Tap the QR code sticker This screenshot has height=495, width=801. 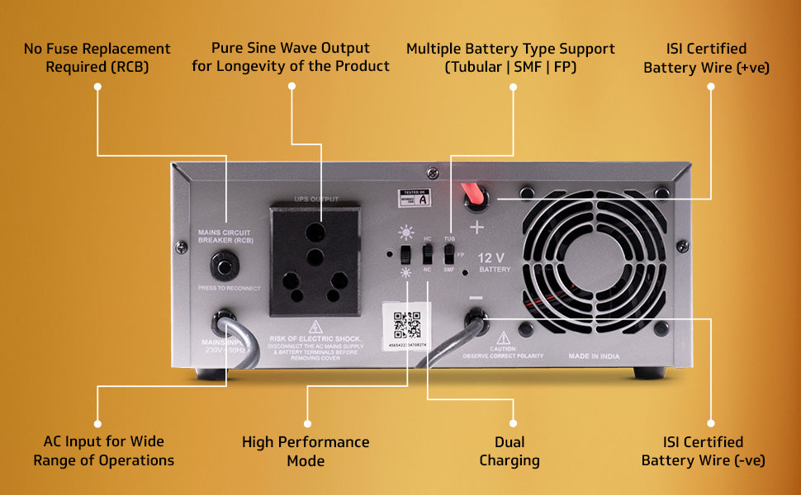[406, 324]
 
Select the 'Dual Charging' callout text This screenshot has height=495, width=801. [510, 451]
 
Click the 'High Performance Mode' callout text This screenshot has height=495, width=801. [306, 451]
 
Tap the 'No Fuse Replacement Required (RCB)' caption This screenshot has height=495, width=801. [97, 58]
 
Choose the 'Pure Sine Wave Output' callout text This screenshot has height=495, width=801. [291, 57]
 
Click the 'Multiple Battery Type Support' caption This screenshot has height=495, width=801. [510, 58]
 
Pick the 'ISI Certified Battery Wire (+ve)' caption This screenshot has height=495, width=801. [707, 58]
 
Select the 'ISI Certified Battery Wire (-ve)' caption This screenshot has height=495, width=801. [704, 451]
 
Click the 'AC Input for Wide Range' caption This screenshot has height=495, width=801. [104, 451]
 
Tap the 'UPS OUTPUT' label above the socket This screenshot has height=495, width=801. [316, 199]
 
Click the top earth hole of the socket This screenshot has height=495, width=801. [317, 232]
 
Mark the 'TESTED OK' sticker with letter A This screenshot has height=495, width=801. [415, 196]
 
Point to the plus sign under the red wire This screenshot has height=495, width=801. [476, 226]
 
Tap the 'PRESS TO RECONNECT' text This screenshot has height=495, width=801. [229, 288]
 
